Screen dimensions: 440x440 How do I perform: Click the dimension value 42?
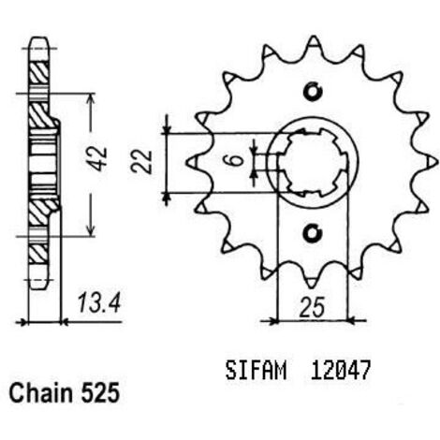pyautogui.click(x=100, y=159)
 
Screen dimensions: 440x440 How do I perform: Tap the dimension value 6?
pyautogui.click(x=237, y=160)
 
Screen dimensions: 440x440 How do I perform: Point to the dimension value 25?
pyautogui.click(x=312, y=307)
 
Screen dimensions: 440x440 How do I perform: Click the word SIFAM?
pyautogui.click(x=256, y=371)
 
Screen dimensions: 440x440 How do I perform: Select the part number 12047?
pyautogui.click(x=340, y=371)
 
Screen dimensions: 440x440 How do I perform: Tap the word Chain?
pyautogui.click(x=40, y=393)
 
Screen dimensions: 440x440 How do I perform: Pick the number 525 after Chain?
pyautogui.click(x=100, y=393)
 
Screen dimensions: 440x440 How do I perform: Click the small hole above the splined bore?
pyautogui.click(x=313, y=92)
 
